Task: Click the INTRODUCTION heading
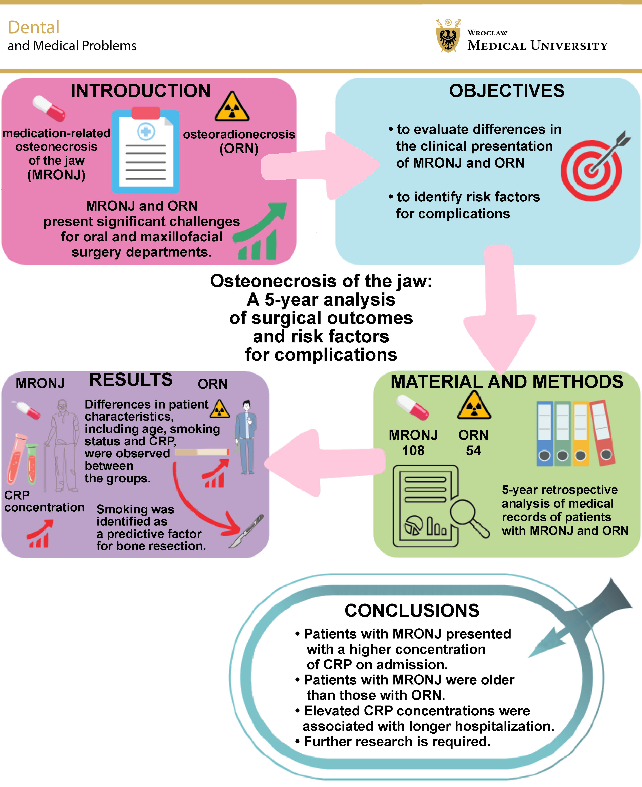coord(141,91)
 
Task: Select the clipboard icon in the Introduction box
coord(146,152)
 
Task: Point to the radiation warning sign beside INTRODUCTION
coord(232,107)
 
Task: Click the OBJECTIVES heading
coord(507,91)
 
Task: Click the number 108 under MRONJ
coord(413,450)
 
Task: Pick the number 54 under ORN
coord(473,450)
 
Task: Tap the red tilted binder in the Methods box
coord(602,433)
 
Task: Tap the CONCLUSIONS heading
coord(412,611)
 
